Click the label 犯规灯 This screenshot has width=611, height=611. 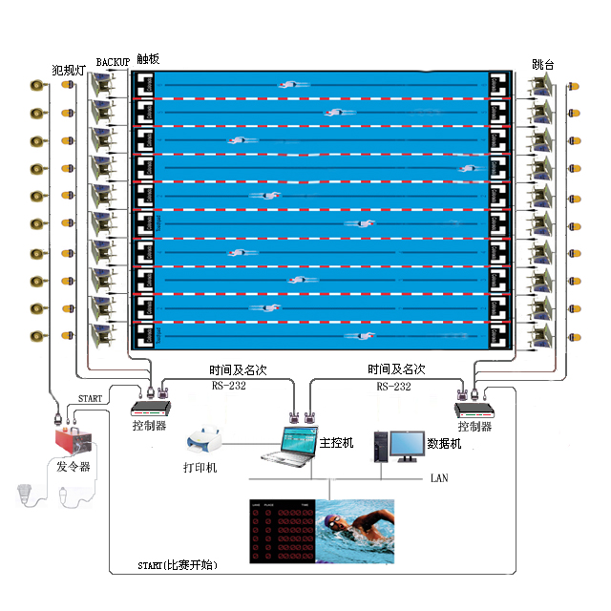(69, 69)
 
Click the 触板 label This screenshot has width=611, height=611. (148, 59)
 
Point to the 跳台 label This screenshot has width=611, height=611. (542, 65)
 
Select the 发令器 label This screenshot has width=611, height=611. (73, 467)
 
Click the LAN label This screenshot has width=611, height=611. (438, 477)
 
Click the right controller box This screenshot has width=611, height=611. (474, 409)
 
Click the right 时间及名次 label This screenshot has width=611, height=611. (396, 369)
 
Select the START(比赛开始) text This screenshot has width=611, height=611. (179, 566)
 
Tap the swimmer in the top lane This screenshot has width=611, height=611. (290, 85)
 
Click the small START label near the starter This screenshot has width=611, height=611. (90, 397)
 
